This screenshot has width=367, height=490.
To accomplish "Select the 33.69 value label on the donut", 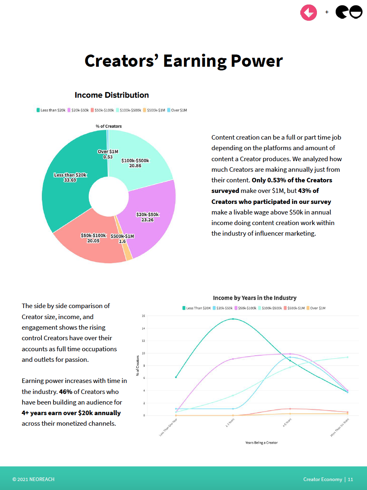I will [x=70, y=180].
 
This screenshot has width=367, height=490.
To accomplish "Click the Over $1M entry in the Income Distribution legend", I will [x=179, y=110].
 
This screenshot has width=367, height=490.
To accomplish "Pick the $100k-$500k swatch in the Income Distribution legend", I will [x=118, y=110].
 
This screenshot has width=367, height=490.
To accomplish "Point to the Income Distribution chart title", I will [x=111, y=95].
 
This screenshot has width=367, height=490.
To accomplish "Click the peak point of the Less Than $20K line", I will [x=233, y=319].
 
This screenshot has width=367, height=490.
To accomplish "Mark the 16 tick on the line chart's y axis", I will [x=143, y=316].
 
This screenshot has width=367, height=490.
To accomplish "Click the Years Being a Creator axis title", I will [x=261, y=442].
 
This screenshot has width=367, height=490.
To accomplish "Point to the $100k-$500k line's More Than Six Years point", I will [x=347, y=357].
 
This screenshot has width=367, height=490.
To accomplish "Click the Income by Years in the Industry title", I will [x=255, y=298].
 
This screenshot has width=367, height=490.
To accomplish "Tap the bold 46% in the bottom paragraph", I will [x=66, y=392].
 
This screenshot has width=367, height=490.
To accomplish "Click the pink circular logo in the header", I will [x=308, y=12].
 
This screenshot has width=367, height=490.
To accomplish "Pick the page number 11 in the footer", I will [x=350, y=479].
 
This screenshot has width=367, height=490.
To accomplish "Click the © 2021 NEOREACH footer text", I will [x=33, y=479].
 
